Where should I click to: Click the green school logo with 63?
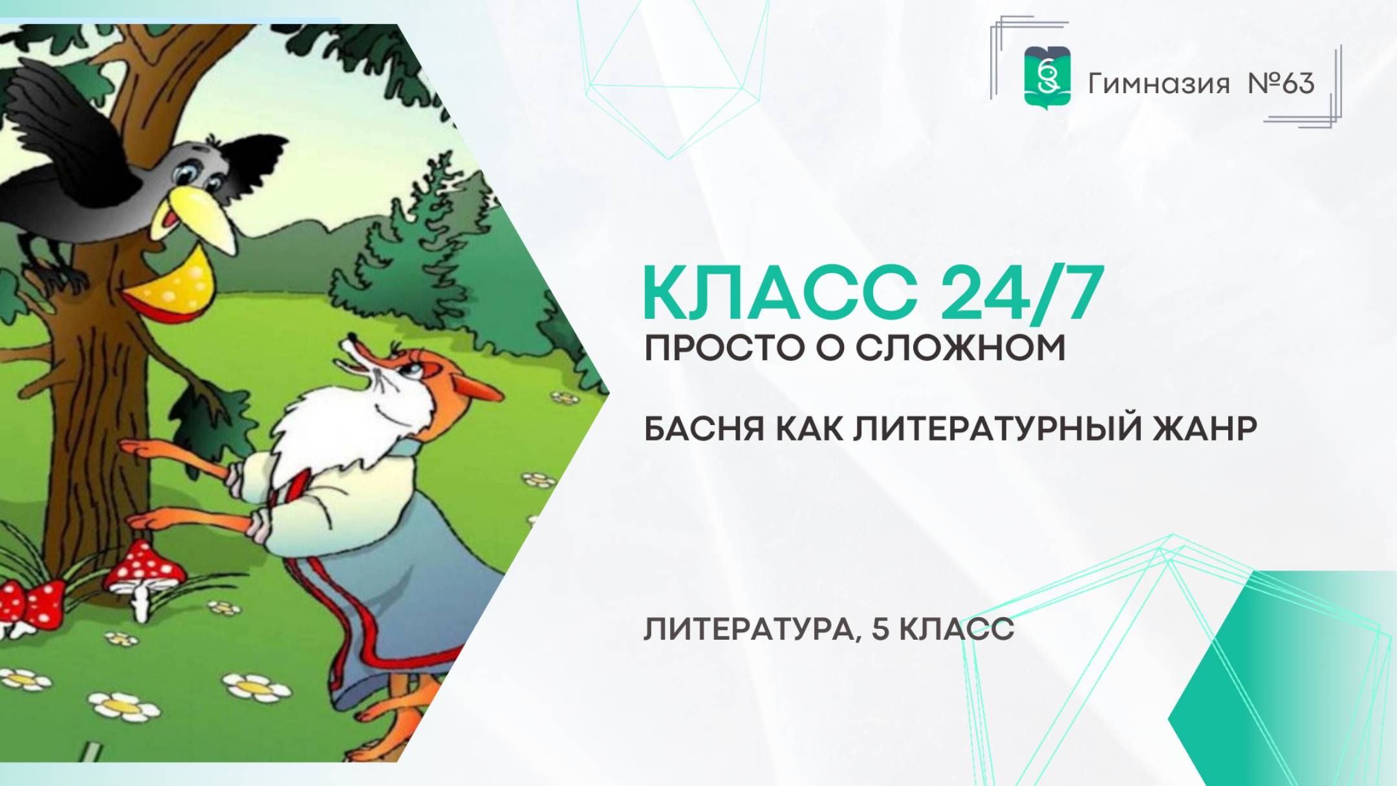point(1047,76)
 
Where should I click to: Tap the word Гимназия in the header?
point(1158,84)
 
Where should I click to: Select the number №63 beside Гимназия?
point(1281,84)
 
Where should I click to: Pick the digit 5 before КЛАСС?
point(880,629)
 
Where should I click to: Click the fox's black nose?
point(351,337)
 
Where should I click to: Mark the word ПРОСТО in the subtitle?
point(724,349)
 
